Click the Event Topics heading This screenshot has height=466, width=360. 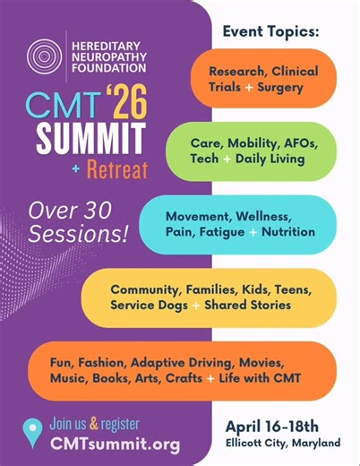coord(270,31)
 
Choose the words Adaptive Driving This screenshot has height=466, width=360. coord(190,363)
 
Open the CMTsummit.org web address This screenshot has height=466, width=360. coord(115,444)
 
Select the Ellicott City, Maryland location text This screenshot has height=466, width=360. coord(281,443)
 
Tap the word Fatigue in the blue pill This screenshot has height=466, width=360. coord(221,231)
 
